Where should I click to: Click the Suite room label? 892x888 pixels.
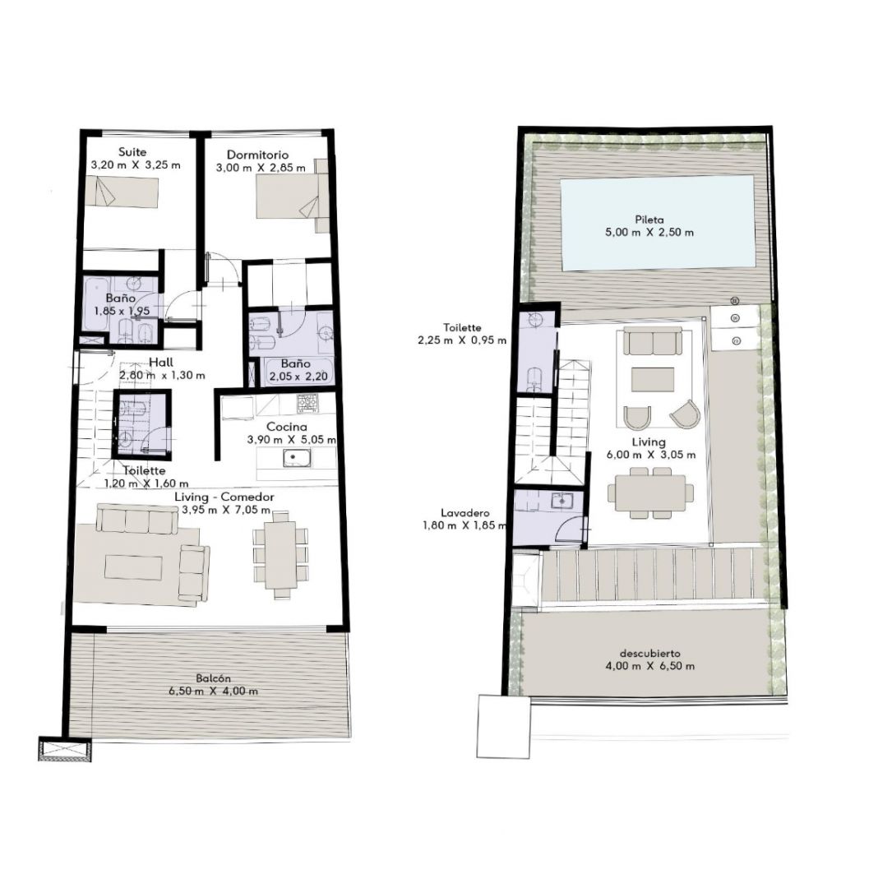pos(132,152)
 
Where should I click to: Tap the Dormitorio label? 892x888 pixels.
pos(257,155)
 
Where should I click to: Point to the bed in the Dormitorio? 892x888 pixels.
pos(293,196)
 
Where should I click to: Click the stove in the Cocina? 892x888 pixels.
pos(307,404)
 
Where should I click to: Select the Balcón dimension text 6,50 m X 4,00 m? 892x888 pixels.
pos(213,691)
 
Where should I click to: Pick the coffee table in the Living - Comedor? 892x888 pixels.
pos(134,567)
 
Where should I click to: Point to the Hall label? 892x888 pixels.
pos(161,363)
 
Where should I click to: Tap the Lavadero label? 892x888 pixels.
pos(464,513)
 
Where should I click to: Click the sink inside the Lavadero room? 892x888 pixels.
pos(562,501)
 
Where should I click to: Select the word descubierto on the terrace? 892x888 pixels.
pos(650,654)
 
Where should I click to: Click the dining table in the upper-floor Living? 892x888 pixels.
pos(651,493)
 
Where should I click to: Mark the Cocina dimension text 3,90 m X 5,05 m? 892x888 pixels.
pos(291,440)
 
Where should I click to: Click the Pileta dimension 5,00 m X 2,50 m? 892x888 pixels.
pos(649,232)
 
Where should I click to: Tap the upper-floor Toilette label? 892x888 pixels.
pos(463,328)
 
